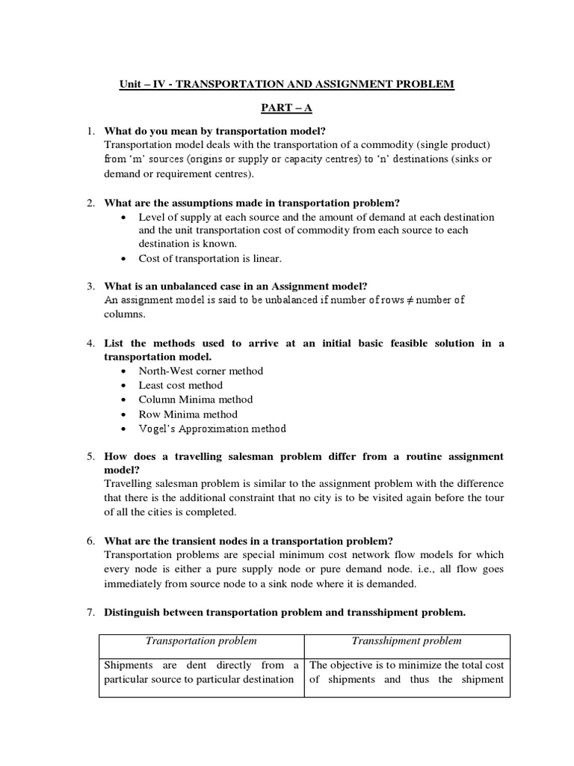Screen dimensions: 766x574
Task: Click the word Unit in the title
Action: [130, 85]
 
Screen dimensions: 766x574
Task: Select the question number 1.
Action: [90, 131]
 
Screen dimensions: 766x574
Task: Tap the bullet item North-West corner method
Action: [200, 370]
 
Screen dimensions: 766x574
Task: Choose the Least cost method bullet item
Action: [180, 385]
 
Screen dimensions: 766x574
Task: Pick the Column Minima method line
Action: [195, 399]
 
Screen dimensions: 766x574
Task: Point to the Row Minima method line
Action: [188, 414]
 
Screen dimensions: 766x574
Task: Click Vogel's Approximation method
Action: [212, 429]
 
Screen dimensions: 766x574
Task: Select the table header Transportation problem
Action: [201, 641]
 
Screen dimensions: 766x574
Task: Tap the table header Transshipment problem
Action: [407, 641]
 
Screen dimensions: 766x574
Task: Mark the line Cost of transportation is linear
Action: [209, 258]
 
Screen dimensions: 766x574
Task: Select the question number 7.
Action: [90, 613]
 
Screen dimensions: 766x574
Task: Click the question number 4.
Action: [90, 343]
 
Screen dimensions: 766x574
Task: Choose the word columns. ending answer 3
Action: [126, 315]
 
